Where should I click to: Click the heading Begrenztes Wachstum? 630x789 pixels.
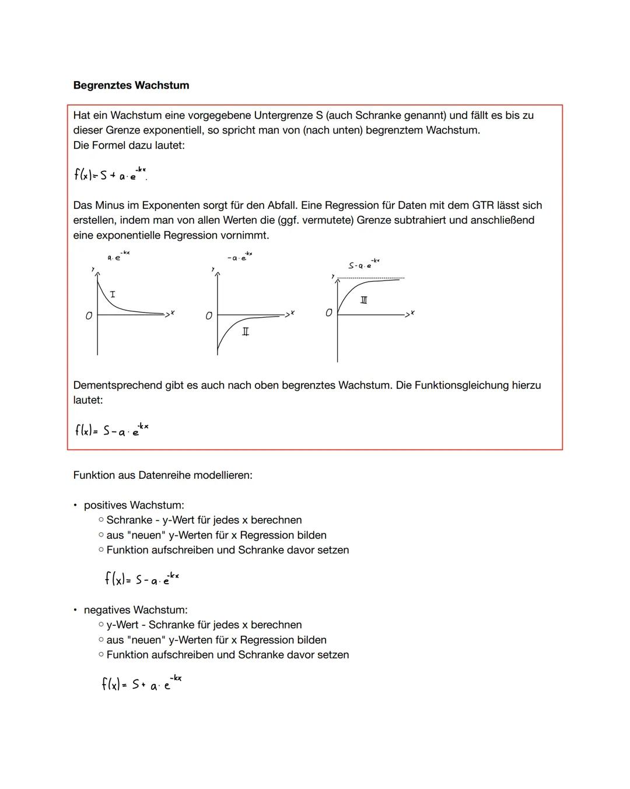(x=131, y=85)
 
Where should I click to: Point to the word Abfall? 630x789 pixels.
(x=279, y=205)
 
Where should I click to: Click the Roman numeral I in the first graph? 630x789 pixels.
(x=113, y=294)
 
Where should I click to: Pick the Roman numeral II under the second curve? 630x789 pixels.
(x=246, y=331)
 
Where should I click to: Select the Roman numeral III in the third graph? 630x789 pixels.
(x=364, y=300)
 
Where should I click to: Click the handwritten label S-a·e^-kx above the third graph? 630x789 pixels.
(x=363, y=264)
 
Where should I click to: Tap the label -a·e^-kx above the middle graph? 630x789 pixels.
(x=240, y=257)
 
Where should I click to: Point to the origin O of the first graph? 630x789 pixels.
(x=89, y=315)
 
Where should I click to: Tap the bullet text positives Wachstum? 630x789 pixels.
(x=134, y=505)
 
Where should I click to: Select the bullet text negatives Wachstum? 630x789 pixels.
(x=135, y=610)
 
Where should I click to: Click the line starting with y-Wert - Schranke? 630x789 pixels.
(x=204, y=625)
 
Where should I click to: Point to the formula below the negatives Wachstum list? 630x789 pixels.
(x=141, y=683)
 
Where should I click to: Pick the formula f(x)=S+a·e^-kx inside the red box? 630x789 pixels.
(x=110, y=174)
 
